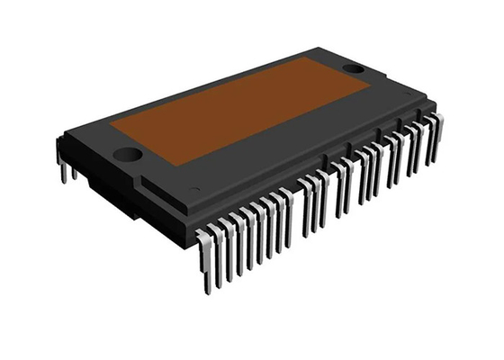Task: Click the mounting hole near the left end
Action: click(x=128, y=154)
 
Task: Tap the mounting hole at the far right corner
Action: click(x=354, y=68)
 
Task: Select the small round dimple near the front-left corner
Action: click(x=195, y=189)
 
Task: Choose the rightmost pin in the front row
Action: click(x=436, y=135)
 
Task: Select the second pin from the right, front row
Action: click(x=428, y=142)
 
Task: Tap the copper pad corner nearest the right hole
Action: click(x=370, y=85)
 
